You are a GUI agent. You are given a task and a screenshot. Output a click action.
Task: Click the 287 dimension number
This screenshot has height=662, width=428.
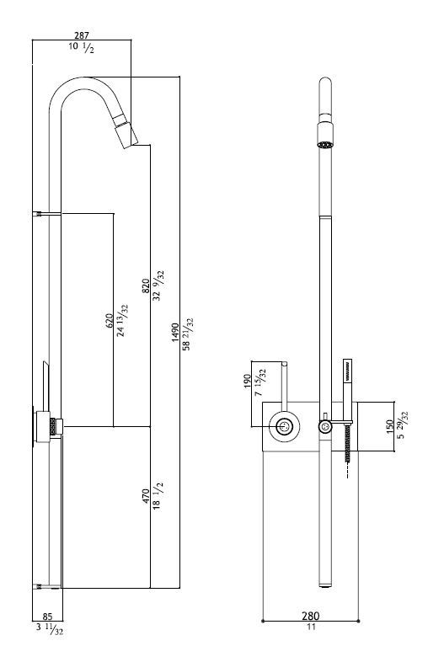point(82,36)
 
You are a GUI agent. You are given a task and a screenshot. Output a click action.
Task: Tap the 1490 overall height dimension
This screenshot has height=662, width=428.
point(176,333)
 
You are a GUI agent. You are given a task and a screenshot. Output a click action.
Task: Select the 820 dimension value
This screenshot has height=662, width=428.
point(146,286)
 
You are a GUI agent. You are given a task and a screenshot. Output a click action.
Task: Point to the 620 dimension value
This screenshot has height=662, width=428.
point(109,321)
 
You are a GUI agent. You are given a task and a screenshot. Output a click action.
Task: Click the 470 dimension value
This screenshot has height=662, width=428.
point(146,495)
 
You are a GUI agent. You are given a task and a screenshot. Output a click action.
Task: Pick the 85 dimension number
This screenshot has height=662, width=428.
point(47,617)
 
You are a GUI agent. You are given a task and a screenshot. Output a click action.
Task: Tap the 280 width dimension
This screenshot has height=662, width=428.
point(311,616)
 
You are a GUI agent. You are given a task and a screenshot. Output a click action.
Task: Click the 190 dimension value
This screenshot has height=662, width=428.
point(248,382)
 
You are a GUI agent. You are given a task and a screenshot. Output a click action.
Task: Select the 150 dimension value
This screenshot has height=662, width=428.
point(390,426)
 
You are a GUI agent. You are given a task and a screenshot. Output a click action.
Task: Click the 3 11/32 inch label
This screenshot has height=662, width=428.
point(50,628)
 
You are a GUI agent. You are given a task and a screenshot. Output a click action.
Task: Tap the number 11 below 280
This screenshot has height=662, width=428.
point(311,627)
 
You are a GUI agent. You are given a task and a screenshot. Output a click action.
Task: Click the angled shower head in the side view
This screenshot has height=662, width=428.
point(125,130)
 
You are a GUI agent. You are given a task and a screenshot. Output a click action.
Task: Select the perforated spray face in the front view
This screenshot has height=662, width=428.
point(325,145)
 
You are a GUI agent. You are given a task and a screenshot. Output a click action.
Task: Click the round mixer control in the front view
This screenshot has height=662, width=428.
point(285,427)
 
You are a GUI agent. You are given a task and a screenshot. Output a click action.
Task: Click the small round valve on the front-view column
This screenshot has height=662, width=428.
point(325,426)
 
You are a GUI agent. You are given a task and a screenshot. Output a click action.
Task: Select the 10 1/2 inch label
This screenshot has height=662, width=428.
point(82,47)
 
